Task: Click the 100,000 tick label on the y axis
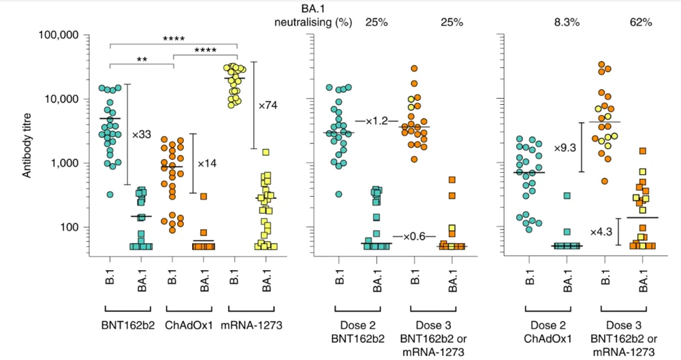(70, 35)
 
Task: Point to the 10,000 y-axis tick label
(73, 99)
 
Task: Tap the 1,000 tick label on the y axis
(76, 163)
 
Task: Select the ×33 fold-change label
(141, 133)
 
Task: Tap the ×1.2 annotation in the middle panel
(376, 121)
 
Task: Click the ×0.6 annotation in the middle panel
(413, 236)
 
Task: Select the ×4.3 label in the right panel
(601, 231)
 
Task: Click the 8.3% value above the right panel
(567, 22)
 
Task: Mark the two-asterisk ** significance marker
(142, 60)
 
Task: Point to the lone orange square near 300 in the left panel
(203, 197)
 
